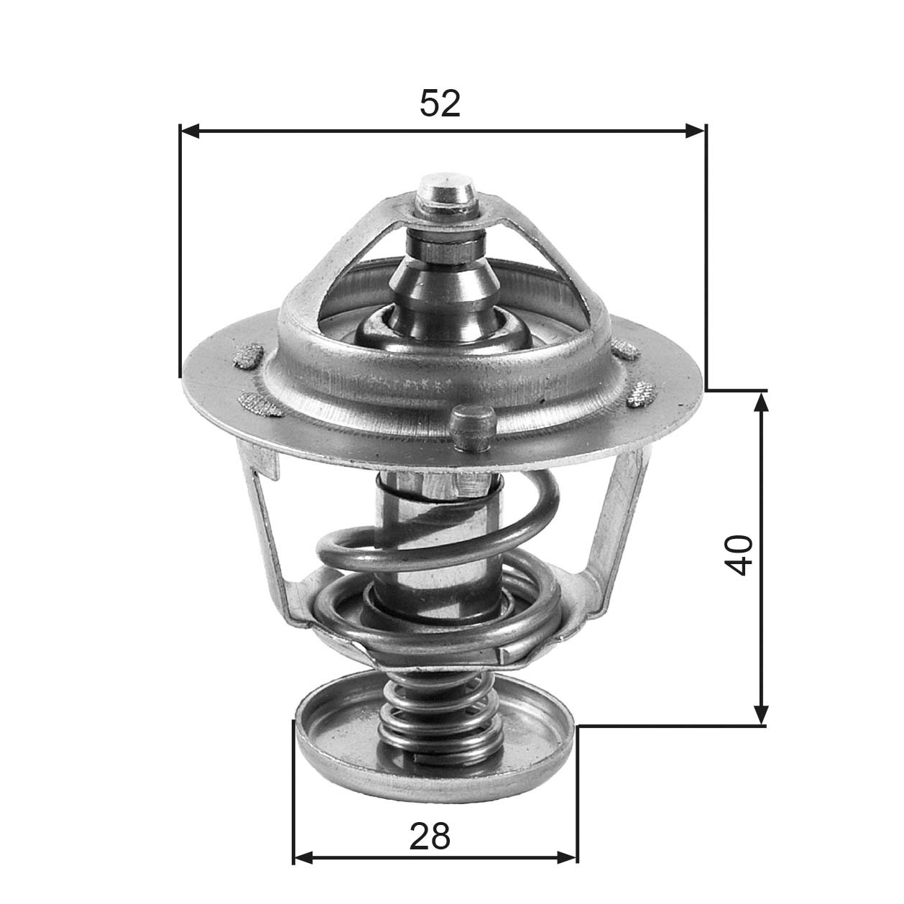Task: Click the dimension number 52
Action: [x=440, y=103]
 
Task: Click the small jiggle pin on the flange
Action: [x=471, y=428]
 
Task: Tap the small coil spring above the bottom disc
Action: [x=438, y=719]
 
